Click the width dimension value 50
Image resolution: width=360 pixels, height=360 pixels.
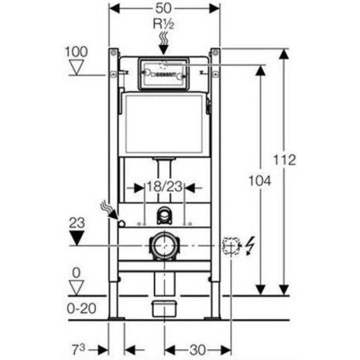pos(165,9)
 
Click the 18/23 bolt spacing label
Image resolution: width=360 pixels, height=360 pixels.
pos(164,187)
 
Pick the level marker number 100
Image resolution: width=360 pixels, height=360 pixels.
pos(76,51)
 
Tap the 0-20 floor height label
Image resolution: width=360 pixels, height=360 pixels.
pos(81,308)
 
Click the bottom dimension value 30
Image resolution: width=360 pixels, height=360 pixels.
pos(198,349)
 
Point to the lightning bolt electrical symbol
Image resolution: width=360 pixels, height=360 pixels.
pos(251,244)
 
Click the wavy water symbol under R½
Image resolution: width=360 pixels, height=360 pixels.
pos(164,42)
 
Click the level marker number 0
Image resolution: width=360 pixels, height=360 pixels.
pos(76,272)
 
